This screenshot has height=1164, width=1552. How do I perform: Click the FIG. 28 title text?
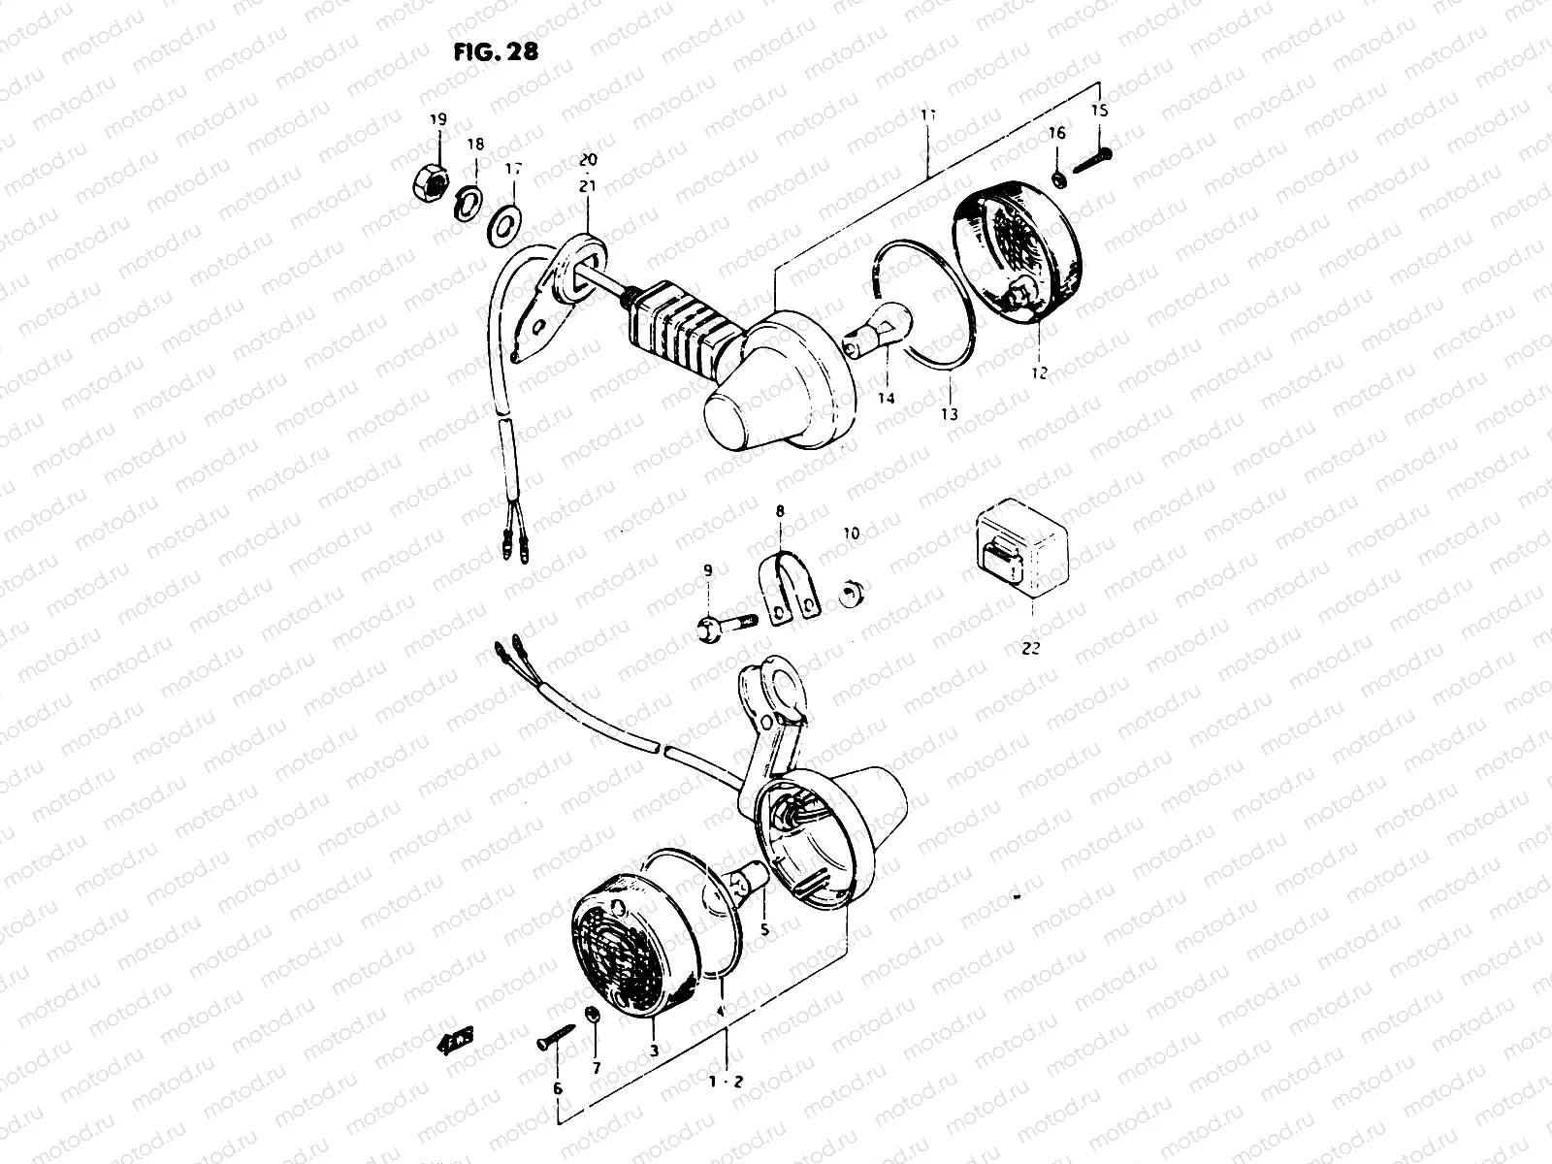pos(496,51)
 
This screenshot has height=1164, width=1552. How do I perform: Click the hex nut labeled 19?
pos(436,179)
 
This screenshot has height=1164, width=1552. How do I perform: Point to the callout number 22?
pos(1030,649)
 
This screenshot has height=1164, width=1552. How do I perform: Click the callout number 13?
pos(949,414)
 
